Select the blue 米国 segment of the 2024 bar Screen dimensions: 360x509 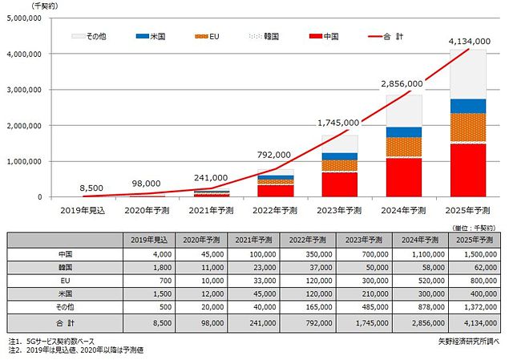(x=405, y=132)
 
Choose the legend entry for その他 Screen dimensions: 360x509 (x=89, y=37)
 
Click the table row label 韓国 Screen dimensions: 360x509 (x=67, y=268)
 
